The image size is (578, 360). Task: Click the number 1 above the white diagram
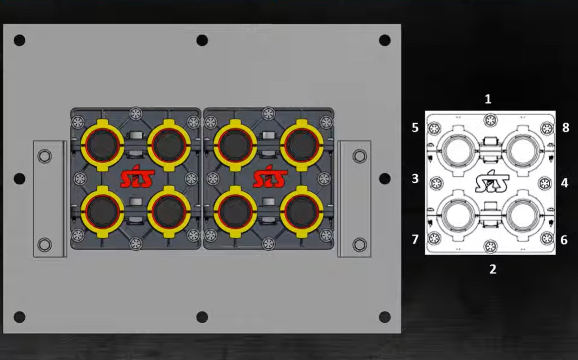[x=488, y=99]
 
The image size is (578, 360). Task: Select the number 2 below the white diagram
[x=493, y=269]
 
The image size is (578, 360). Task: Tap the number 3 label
[x=415, y=179]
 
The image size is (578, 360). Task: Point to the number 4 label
[x=565, y=183]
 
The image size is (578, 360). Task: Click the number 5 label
[x=415, y=128]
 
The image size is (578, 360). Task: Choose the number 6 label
[x=564, y=240]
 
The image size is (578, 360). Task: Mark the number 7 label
[x=415, y=240]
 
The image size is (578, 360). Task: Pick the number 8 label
[x=566, y=128]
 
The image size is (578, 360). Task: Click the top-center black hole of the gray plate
[x=202, y=40]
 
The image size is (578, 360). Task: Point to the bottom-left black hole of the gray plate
[x=19, y=317]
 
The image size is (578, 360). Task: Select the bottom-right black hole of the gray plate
[x=385, y=317]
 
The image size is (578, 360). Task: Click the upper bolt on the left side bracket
[x=45, y=157]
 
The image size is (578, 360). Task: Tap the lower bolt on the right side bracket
[x=359, y=244]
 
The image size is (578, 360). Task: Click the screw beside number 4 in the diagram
[x=544, y=183]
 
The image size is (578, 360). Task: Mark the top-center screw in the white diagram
[x=491, y=119]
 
